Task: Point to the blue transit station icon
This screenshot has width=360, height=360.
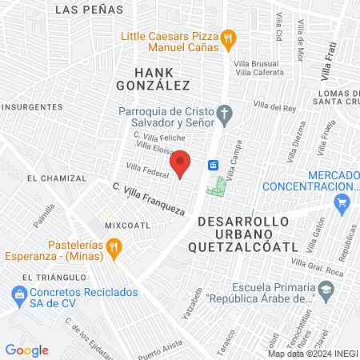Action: coord(214,165)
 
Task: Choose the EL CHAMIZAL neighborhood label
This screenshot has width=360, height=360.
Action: coord(54,177)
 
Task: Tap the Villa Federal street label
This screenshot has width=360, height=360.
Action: coord(145,170)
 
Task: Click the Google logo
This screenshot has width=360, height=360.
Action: coord(27,350)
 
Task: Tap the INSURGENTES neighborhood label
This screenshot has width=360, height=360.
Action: coord(31,106)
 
